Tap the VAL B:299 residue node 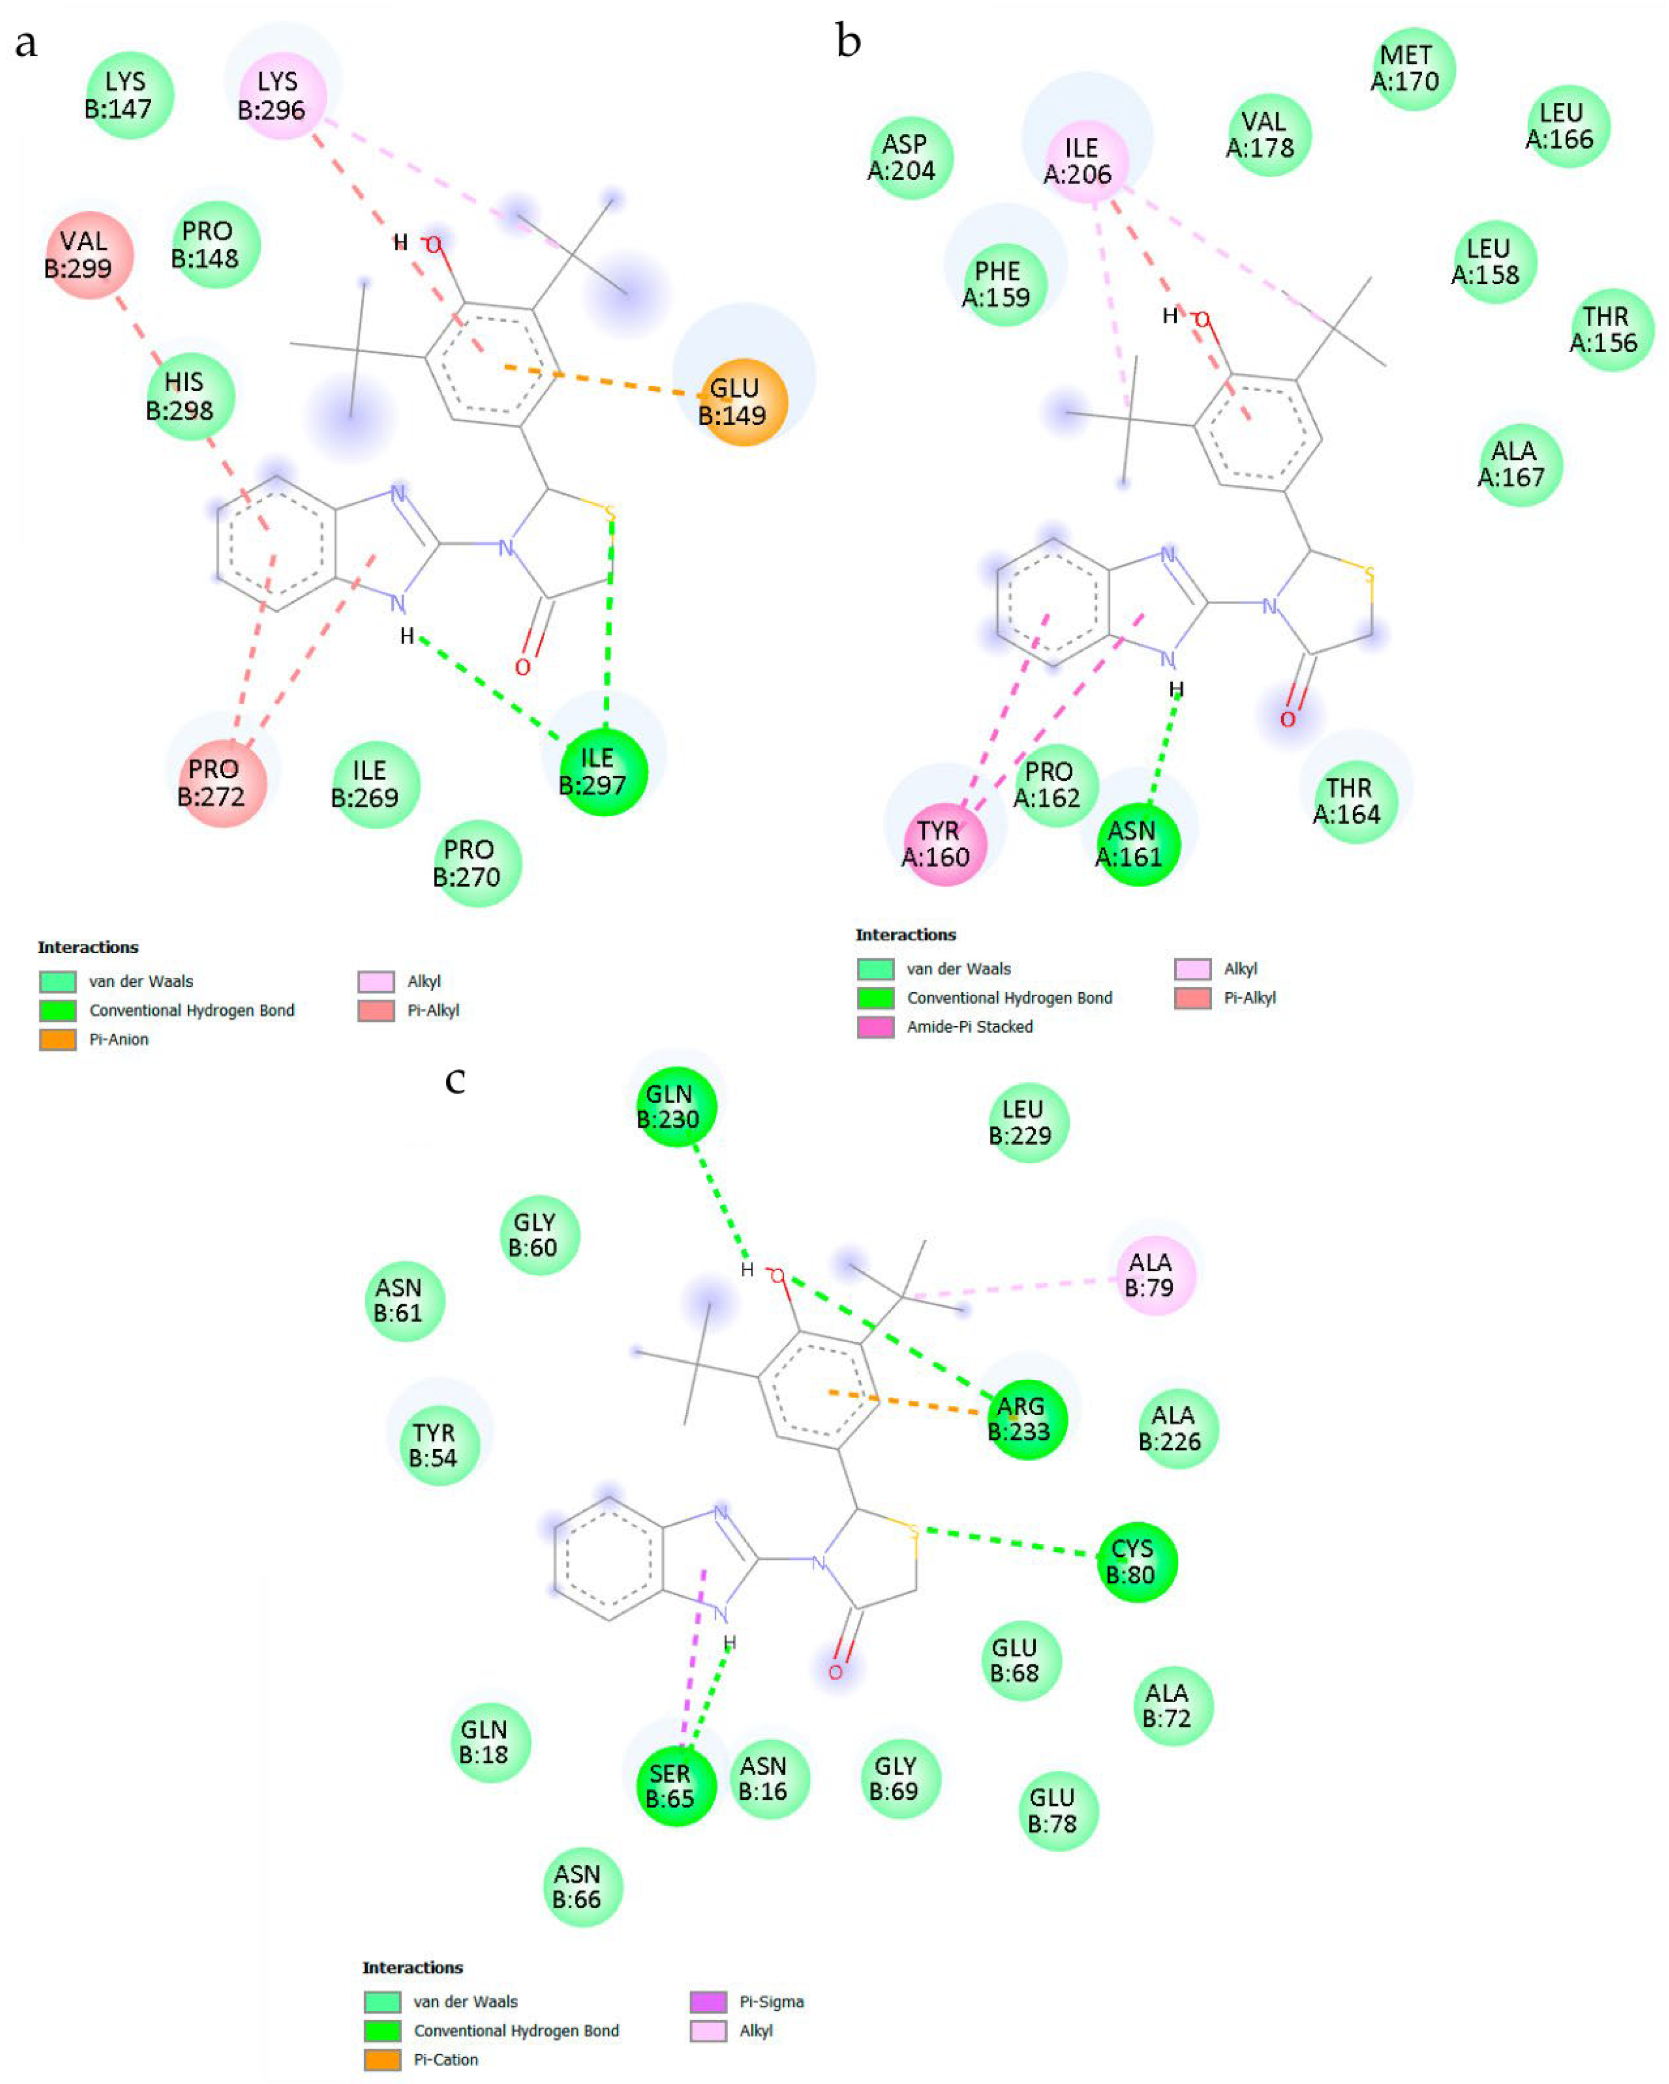coord(89,255)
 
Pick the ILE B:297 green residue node coord(603,772)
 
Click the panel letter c coord(455,1080)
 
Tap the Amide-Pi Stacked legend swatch coord(875,1027)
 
